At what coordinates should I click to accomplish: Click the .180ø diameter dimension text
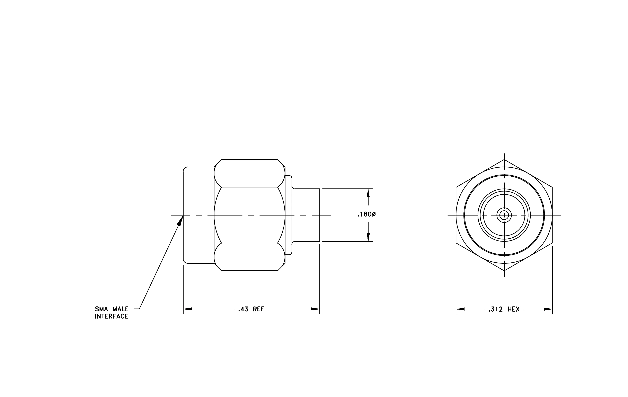pyautogui.click(x=366, y=214)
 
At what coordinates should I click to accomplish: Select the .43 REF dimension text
pyautogui.click(x=251, y=309)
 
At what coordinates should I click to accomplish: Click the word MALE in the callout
pyautogui.click(x=121, y=309)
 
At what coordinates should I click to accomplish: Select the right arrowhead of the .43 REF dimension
pyautogui.click(x=315, y=309)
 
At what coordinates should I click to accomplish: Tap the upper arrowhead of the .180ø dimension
pyautogui.click(x=368, y=193)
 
